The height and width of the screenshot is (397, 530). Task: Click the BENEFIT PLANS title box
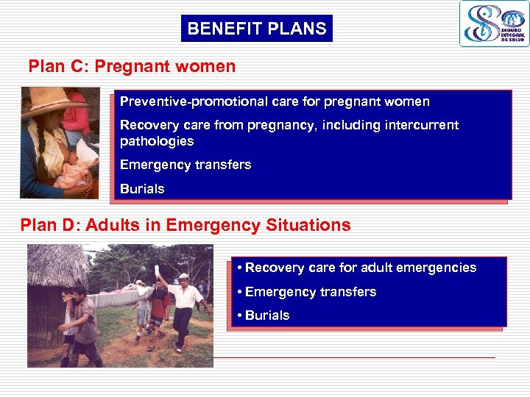(x=256, y=29)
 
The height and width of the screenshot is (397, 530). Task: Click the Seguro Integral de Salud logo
(x=494, y=24)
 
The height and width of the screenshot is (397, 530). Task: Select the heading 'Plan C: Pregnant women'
(x=132, y=66)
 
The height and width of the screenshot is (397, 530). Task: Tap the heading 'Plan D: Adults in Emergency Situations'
(x=185, y=225)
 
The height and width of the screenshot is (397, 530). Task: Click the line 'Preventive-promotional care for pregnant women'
(x=275, y=101)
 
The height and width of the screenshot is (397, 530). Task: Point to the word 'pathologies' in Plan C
(x=157, y=141)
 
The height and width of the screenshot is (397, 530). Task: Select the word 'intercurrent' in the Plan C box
(x=417, y=125)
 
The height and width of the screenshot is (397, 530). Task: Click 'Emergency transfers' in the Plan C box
(x=185, y=165)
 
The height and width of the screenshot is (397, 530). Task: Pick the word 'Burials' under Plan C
(x=142, y=189)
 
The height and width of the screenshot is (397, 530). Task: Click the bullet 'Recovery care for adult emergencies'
(x=357, y=268)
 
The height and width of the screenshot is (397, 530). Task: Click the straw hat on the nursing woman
(x=46, y=101)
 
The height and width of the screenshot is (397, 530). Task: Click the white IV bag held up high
(x=157, y=271)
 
